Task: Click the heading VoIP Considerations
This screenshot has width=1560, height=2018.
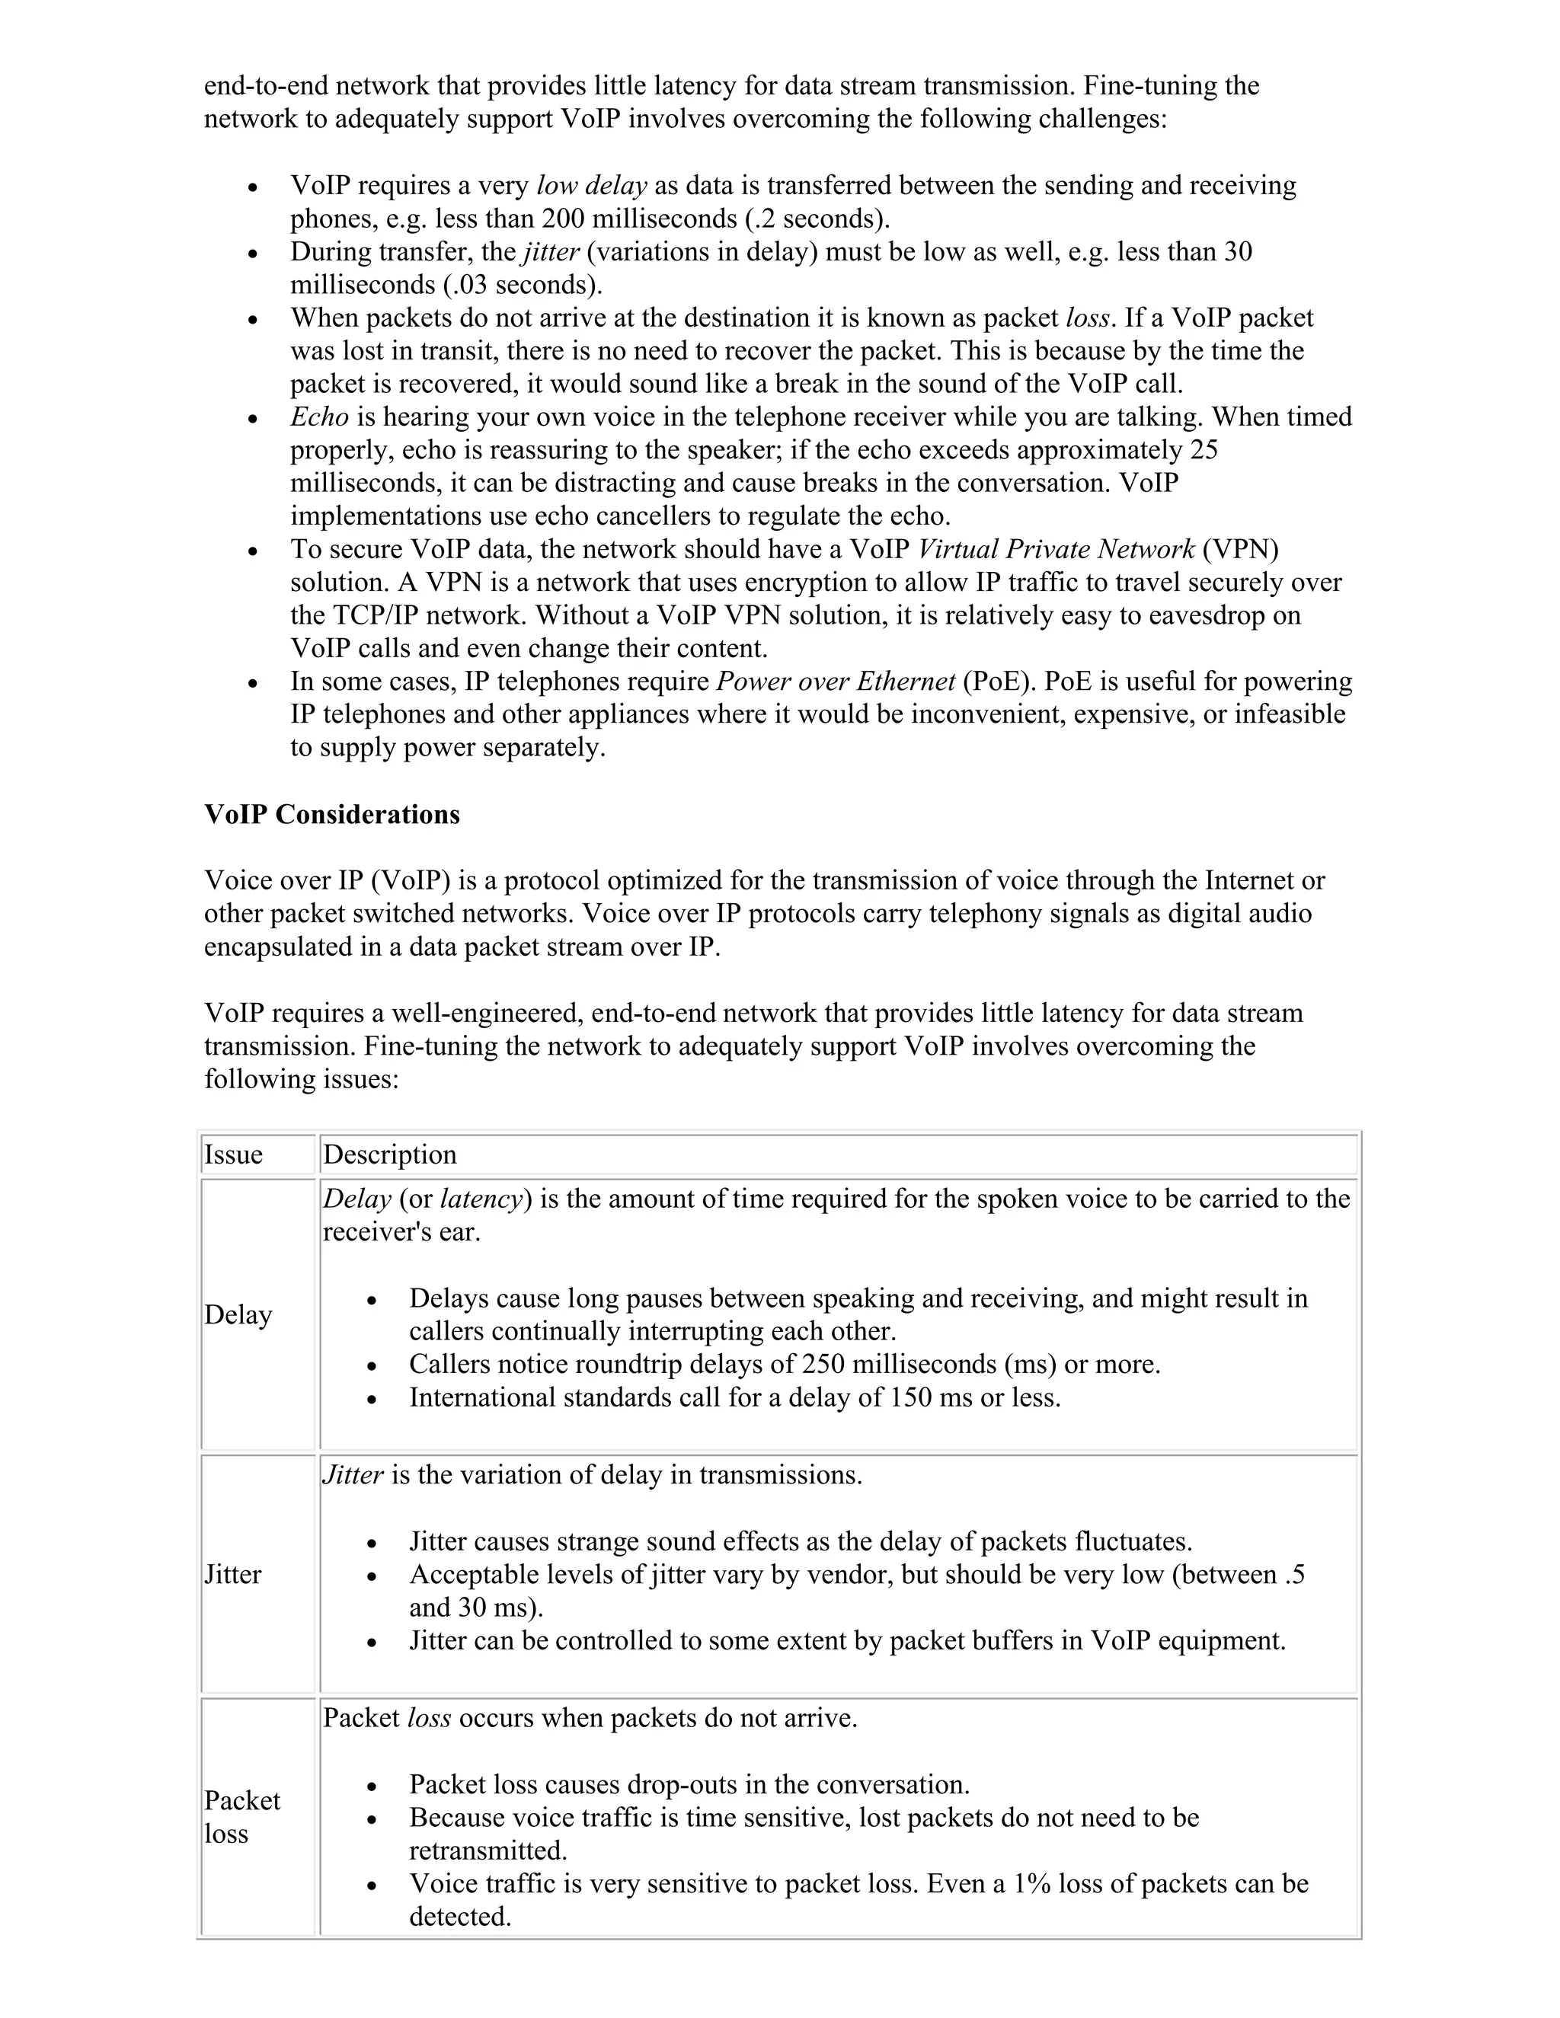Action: [x=332, y=814]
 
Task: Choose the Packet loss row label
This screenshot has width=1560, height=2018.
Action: [x=241, y=1816]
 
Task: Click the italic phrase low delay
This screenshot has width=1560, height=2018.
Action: [x=591, y=186]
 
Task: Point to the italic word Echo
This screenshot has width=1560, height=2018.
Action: [x=319, y=417]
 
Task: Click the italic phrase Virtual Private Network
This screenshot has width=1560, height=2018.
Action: [x=1056, y=549]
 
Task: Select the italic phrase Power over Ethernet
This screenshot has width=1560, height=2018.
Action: [x=836, y=681]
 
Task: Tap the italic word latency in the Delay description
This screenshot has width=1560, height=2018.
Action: [x=481, y=1199]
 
